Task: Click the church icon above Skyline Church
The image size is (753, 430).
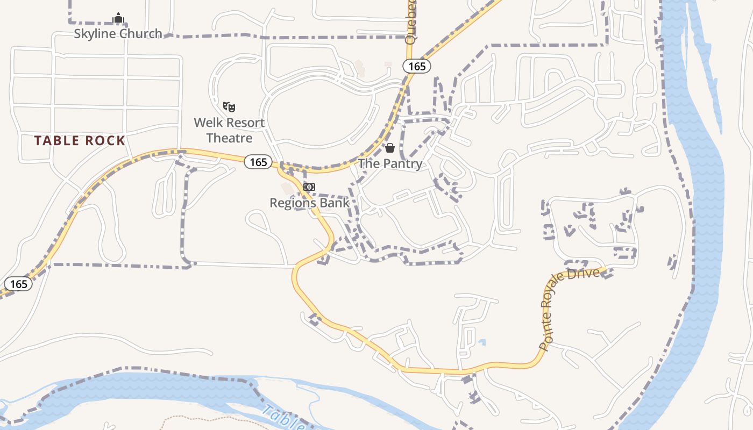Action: [118, 18]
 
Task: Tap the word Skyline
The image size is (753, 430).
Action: [95, 34]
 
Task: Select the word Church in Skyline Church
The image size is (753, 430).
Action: [140, 34]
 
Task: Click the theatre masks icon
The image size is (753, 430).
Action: [229, 106]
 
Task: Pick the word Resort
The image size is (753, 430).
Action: [244, 123]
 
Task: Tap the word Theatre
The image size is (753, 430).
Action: [229, 138]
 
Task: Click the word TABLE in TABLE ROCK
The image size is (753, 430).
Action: [56, 141]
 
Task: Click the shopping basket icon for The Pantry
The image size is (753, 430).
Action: [390, 148]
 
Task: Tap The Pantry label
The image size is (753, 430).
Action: [390, 163]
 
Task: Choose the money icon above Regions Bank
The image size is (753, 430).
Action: [309, 187]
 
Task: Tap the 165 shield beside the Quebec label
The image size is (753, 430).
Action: [417, 66]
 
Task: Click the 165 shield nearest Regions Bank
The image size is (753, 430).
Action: [258, 162]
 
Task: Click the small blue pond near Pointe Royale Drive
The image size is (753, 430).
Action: [482, 342]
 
